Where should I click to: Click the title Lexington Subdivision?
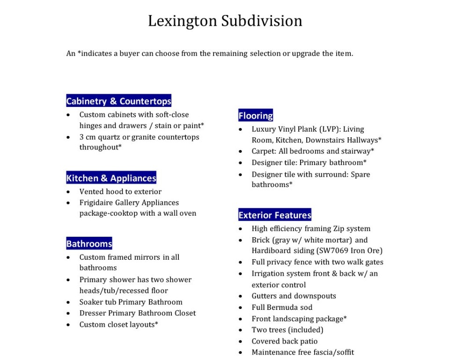point(225,21)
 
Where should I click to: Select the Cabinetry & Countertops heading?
point(118,101)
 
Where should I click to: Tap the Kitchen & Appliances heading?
point(111,178)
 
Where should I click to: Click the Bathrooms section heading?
point(89,244)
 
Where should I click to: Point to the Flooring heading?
point(255,116)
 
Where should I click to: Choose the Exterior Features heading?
point(274,215)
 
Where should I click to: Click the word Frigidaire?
point(96,202)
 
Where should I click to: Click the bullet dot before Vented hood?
point(69,192)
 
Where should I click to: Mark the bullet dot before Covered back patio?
point(241,341)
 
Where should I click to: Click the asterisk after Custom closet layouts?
point(156,323)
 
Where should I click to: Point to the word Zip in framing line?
point(339,229)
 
